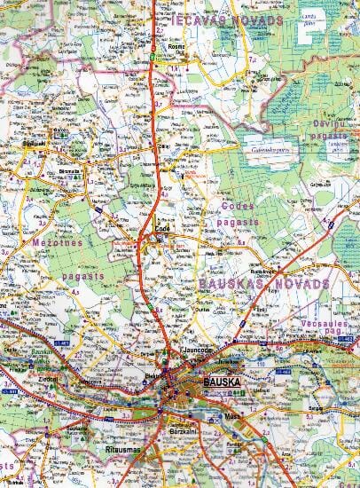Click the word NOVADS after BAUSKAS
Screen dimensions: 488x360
[301, 284]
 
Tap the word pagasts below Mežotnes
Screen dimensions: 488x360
[85, 276]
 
